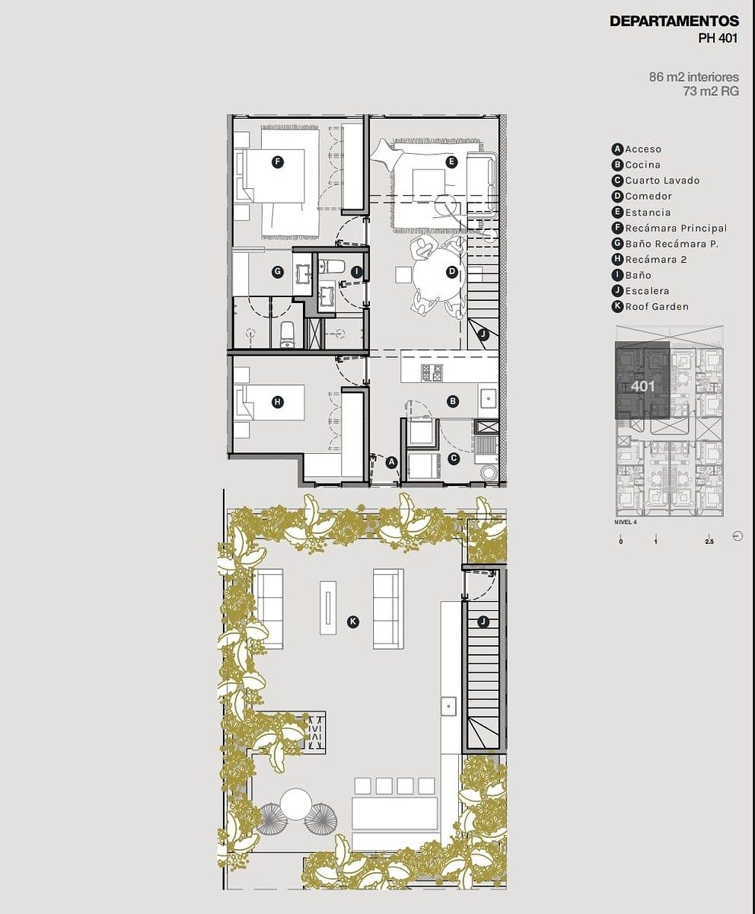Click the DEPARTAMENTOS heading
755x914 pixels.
pos(674,21)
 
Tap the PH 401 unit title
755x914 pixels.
pos(718,38)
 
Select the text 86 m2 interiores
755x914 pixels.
pos(694,77)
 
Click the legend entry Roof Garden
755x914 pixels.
pos(657,307)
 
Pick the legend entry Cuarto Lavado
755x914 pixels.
pos(662,181)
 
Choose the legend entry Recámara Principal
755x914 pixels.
pos(676,228)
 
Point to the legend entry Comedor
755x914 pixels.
pos(648,196)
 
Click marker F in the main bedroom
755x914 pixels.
pos(277,162)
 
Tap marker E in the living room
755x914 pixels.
pos(451,162)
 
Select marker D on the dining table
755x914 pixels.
pos(451,272)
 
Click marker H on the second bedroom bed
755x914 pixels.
pos(277,402)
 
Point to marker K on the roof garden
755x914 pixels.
pos(353,622)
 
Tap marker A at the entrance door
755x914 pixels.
pos(392,462)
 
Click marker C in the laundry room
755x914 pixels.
pos(454,459)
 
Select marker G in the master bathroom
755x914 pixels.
pos(277,272)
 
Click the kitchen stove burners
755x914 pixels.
pos(432,372)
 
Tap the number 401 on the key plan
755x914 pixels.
pos(642,386)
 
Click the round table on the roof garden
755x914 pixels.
pos(296,803)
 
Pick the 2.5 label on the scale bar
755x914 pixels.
pos(709,542)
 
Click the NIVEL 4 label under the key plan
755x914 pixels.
pos(626,522)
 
